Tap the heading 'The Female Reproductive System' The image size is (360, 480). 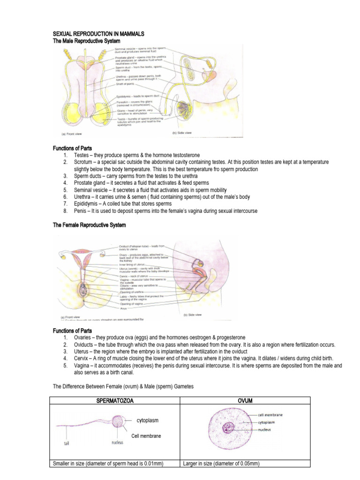pos(90,225)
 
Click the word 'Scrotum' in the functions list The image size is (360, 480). pos(83,162)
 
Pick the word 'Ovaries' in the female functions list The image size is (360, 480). pos(83,337)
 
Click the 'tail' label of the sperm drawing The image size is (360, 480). pos(68,442)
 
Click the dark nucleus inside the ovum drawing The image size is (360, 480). pos(230,427)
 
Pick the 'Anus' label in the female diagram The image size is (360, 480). pos(123,307)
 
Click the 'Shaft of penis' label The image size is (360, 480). pos(127,84)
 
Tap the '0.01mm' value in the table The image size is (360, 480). pos(151,464)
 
